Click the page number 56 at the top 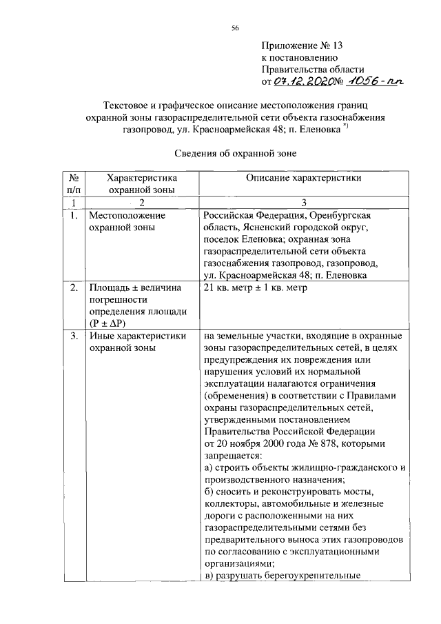[x=235, y=28]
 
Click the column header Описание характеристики [x=304, y=178]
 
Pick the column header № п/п [x=73, y=183]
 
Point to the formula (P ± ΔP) [x=111, y=323]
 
